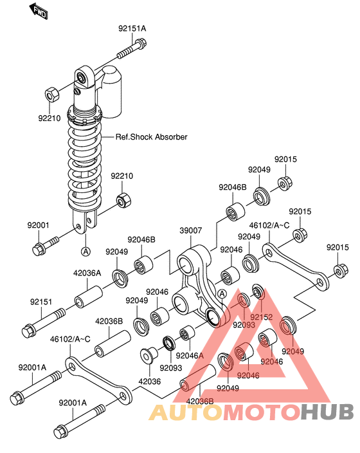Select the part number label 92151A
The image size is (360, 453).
(x=132, y=28)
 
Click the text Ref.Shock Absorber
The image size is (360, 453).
(x=152, y=136)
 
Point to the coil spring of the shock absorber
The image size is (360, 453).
(x=85, y=161)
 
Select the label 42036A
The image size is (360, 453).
(x=87, y=272)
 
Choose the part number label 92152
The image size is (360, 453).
(x=262, y=317)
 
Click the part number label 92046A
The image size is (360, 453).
(x=190, y=355)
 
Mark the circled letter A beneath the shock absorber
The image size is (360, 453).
(x=84, y=250)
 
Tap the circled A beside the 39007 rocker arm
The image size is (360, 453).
(x=222, y=294)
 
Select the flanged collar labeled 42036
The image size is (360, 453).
(x=149, y=358)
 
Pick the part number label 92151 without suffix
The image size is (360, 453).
(x=42, y=300)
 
